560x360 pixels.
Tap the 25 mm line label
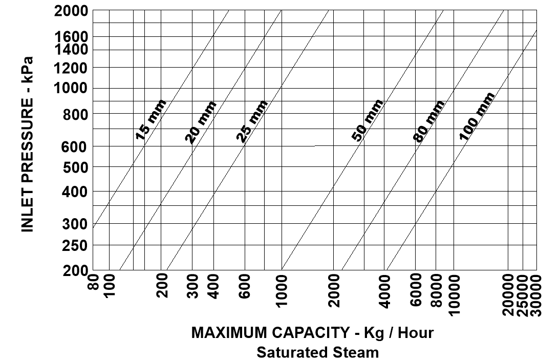(x=252, y=121)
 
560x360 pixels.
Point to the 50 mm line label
(x=368, y=120)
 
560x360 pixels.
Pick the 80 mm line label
(x=429, y=121)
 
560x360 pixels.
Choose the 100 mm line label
(x=477, y=116)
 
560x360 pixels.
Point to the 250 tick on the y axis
(x=76, y=245)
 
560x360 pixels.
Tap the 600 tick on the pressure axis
(x=76, y=147)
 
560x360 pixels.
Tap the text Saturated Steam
(x=318, y=352)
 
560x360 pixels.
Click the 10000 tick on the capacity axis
(x=454, y=294)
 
